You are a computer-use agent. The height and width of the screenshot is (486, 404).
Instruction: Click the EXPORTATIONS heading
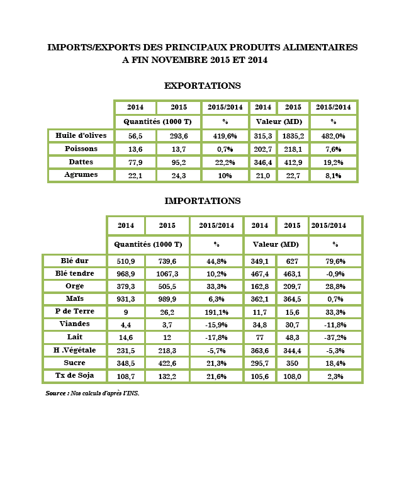click(202, 85)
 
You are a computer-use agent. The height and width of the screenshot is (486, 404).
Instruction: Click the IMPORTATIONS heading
click(202, 201)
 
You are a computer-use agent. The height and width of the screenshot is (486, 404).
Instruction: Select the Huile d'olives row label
click(81, 135)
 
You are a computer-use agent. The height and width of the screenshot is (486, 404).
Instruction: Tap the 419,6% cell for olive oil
click(224, 135)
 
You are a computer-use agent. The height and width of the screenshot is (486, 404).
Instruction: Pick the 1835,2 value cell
click(293, 135)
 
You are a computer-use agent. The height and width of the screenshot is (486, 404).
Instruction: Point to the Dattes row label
click(81, 162)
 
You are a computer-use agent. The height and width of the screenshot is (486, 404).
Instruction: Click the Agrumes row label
click(81, 175)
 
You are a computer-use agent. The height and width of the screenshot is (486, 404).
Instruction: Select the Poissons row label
click(81, 149)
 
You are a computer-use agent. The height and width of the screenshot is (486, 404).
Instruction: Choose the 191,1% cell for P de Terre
click(216, 312)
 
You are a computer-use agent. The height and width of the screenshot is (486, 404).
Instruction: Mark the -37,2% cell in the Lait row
click(333, 337)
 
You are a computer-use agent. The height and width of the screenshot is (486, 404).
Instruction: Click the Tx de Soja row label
click(75, 376)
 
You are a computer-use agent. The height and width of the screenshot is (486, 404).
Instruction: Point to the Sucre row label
click(75, 363)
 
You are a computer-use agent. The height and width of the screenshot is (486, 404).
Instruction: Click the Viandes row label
click(75, 324)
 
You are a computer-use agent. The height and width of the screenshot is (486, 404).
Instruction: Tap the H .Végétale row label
click(75, 350)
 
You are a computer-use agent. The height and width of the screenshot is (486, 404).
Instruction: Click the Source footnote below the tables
click(93, 393)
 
